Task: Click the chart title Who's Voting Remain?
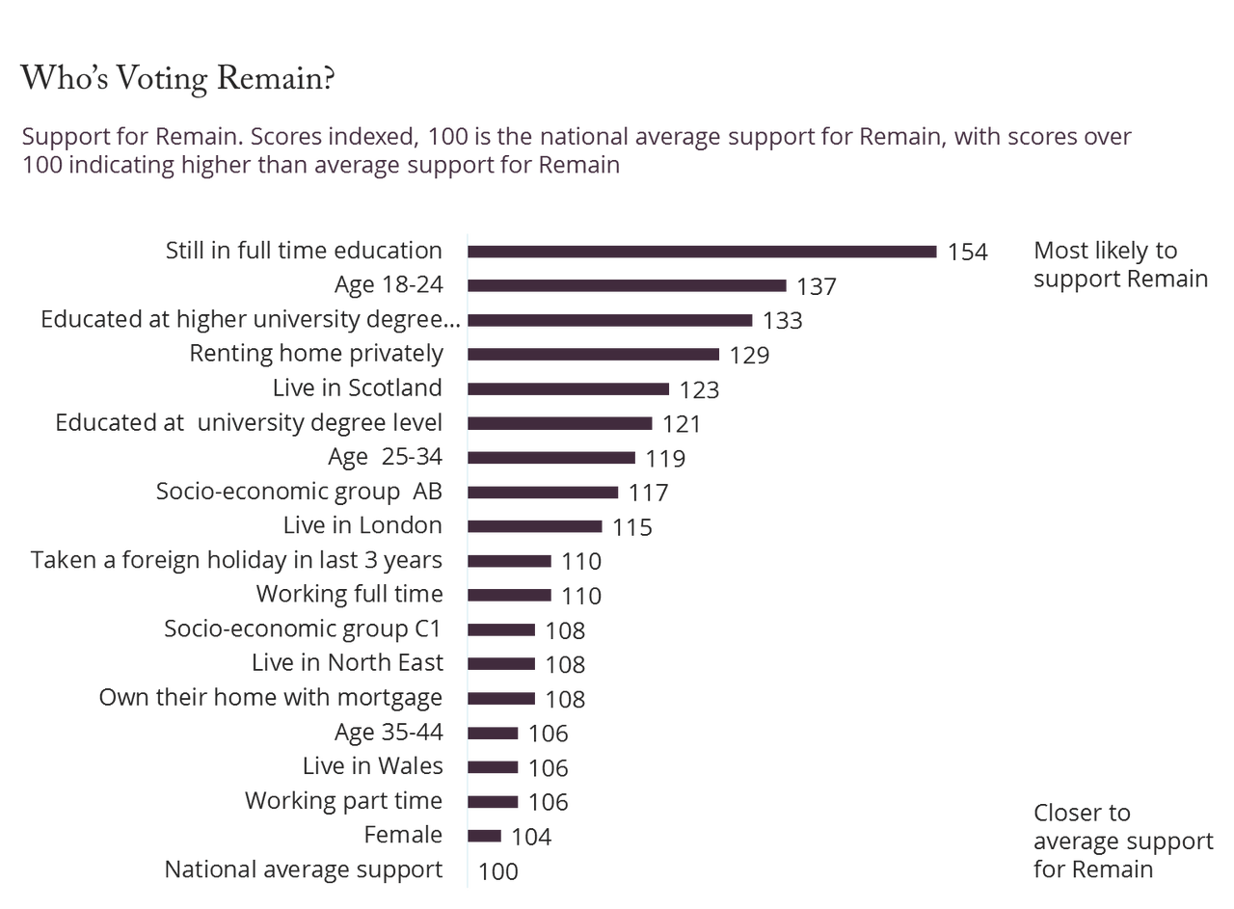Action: click(x=177, y=80)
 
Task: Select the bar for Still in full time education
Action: click(x=703, y=252)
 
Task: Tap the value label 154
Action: click(x=968, y=253)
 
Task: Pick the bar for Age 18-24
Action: click(x=628, y=285)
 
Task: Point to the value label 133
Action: click(x=782, y=320)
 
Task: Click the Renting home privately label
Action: click(x=316, y=355)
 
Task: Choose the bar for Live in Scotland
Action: click(x=570, y=388)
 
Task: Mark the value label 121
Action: click(x=681, y=424)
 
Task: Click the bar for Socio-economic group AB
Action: click(x=544, y=493)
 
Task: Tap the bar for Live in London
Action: click(x=536, y=526)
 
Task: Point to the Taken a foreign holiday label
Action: click(x=237, y=561)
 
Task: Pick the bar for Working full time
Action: click(x=511, y=595)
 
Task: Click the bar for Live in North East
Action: click(x=502, y=664)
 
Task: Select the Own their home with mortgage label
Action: click(x=271, y=698)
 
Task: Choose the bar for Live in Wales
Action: click(x=495, y=767)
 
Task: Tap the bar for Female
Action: click(x=486, y=836)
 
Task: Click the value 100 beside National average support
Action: click(x=498, y=871)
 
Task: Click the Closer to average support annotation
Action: click(x=1123, y=841)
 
